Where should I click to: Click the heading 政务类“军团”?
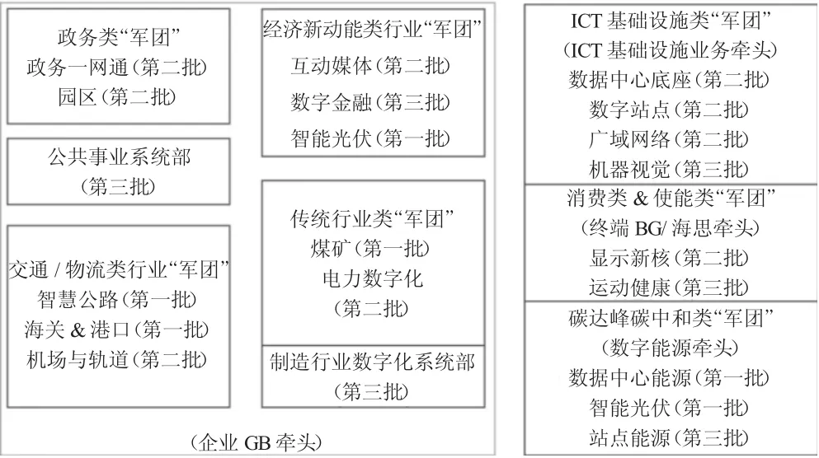[119, 37]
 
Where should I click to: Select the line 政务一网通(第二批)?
[117, 68]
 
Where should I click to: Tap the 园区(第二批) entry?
[117, 97]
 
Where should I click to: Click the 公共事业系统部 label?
[120, 157]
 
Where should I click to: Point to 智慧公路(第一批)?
[117, 299]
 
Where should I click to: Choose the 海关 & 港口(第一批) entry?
[116, 329]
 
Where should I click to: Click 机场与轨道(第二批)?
[117, 359]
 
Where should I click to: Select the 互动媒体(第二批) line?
[370, 66]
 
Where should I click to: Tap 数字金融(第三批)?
[370, 102]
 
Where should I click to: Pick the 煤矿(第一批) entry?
[370, 248]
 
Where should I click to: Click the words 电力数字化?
[373, 278]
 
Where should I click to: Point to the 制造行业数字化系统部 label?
[373, 362]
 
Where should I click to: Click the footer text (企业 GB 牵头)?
[257, 443]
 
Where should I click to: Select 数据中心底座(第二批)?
[669, 80]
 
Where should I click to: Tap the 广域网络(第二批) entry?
[669, 139]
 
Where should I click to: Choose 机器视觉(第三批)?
[669, 169]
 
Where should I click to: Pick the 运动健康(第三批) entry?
[669, 287]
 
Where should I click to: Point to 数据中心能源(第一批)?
[669, 377]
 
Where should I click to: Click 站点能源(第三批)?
[669, 437]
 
